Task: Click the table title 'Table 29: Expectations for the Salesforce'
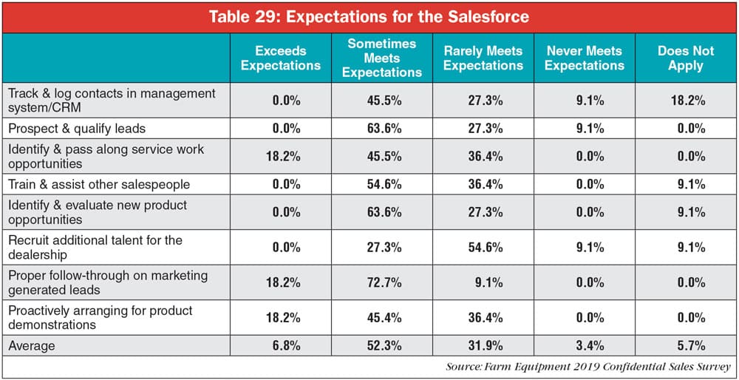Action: (369, 17)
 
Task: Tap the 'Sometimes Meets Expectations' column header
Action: (382, 58)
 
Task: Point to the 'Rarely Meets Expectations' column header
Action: (483, 58)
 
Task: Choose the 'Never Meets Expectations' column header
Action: (585, 58)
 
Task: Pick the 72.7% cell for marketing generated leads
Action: (383, 282)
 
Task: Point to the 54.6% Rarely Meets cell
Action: (483, 248)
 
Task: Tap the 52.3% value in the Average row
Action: (383, 345)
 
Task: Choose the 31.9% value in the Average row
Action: (483, 345)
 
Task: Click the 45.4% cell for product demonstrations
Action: (383, 318)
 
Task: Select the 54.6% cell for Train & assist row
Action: (383, 184)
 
